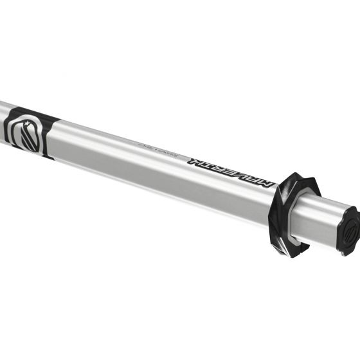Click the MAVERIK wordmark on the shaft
coord(230,171)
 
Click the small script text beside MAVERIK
coord(153,147)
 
